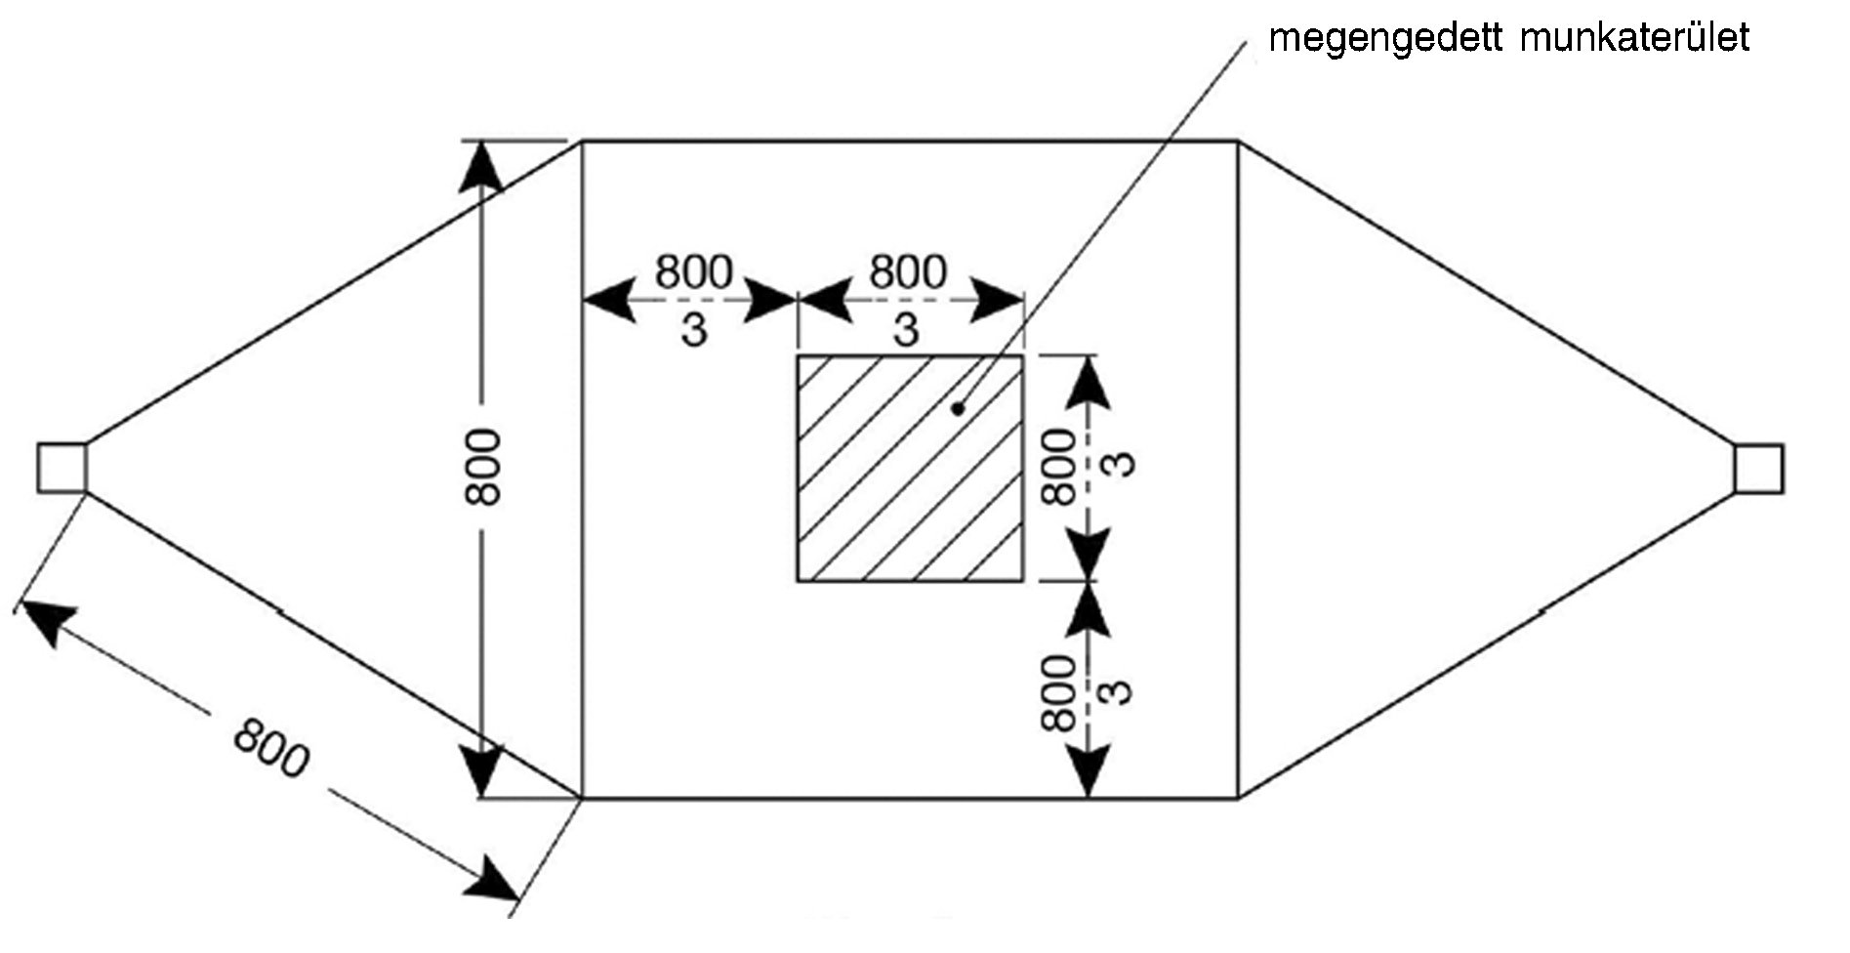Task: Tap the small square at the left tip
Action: [62, 468]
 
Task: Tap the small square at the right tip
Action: [1759, 468]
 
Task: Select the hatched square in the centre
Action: [910, 469]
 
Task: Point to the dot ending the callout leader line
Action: [958, 409]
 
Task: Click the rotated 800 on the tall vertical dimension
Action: [483, 468]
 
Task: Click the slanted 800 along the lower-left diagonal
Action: [270, 748]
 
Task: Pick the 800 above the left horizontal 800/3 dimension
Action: [693, 271]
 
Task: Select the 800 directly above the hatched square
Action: [908, 271]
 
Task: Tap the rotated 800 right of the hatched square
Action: [1060, 468]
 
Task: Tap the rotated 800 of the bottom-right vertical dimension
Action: [1060, 693]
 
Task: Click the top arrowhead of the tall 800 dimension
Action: [482, 166]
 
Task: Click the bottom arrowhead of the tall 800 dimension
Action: [482, 771]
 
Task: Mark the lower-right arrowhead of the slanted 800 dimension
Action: [492, 880]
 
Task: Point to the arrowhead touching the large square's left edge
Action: [605, 301]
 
